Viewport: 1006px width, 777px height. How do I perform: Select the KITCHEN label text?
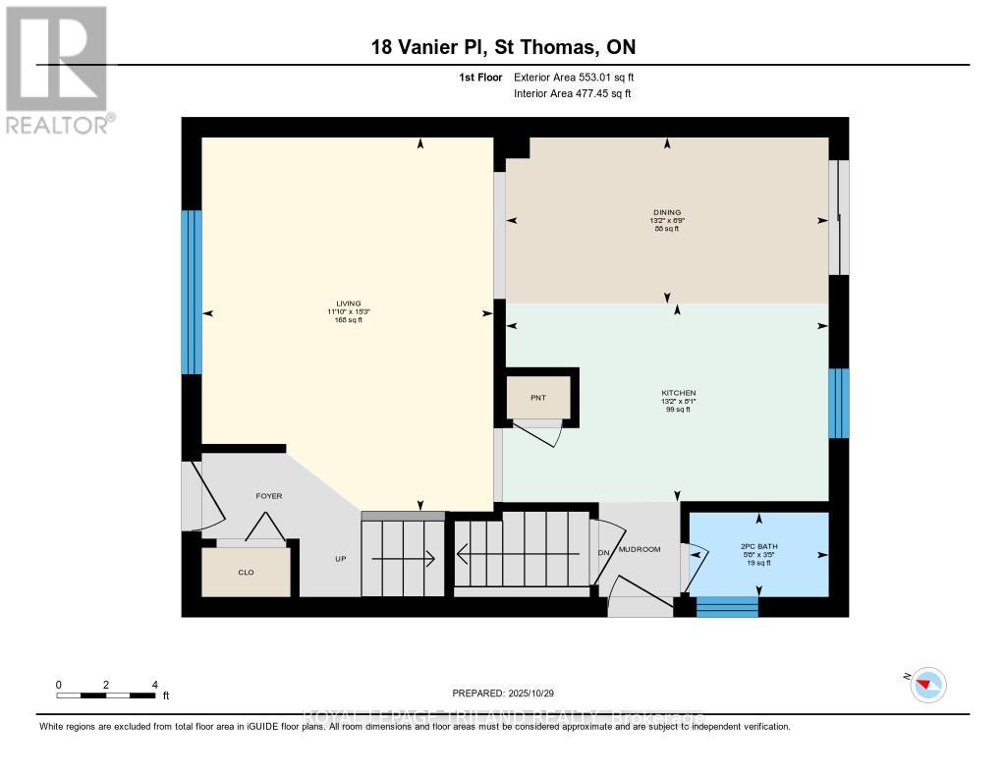tap(678, 393)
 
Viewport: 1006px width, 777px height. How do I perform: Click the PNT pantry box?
tap(537, 397)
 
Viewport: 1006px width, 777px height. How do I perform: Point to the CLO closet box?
tap(247, 572)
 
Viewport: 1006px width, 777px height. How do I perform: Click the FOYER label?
tap(269, 496)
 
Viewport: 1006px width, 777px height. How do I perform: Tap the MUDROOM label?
tap(640, 549)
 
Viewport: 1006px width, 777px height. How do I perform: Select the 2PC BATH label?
tap(758, 546)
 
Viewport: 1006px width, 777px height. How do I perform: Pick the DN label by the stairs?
tap(603, 552)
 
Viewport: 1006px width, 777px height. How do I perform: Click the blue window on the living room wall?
tap(192, 292)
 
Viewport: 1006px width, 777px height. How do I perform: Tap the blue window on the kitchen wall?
tap(838, 403)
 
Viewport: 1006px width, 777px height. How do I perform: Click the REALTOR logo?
tap(57, 69)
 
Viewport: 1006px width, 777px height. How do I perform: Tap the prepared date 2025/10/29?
tap(504, 694)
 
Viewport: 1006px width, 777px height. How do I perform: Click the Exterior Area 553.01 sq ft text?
tap(581, 78)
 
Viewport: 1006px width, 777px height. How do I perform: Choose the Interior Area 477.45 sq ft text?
tap(573, 94)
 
